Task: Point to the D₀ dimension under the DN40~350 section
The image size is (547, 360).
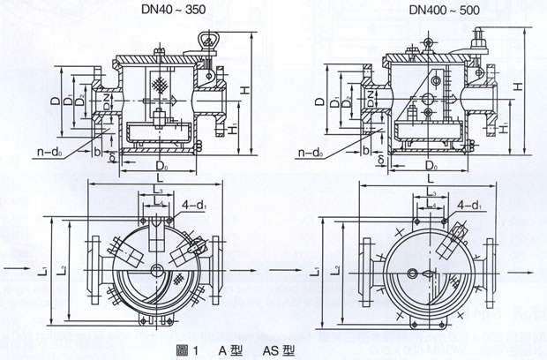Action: point(161,165)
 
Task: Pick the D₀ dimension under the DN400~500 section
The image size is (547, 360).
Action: point(430,165)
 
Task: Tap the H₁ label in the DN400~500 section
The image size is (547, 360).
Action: point(502,129)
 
